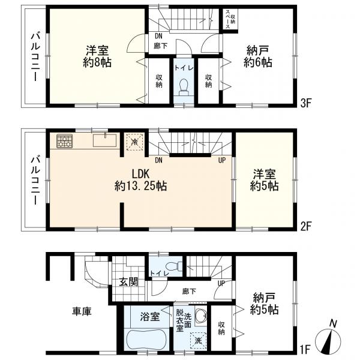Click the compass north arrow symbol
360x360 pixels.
pyautogui.click(x=328, y=338)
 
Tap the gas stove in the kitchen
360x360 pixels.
pyautogui.click(x=65, y=141)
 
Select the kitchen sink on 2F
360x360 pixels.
pyautogui.click(x=104, y=140)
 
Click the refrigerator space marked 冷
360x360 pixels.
pyautogui.click(x=135, y=142)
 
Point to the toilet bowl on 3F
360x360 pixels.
pyautogui.click(x=184, y=88)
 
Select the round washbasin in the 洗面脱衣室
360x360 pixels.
pyautogui.click(x=200, y=317)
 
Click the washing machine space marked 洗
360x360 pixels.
pyautogui.click(x=198, y=341)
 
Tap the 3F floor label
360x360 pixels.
pyautogui.click(x=305, y=104)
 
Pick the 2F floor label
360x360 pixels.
pyautogui.click(x=305, y=227)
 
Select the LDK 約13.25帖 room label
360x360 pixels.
pyautogui.click(x=140, y=180)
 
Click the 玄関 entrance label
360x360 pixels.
pyautogui.click(x=128, y=282)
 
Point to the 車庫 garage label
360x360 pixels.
pyautogui.click(x=82, y=311)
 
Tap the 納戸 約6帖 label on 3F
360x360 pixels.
pyautogui.click(x=258, y=56)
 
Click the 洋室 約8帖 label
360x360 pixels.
pyautogui.click(x=97, y=56)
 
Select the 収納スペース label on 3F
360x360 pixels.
pyautogui.click(x=230, y=19)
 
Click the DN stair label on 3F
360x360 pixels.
pyautogui.click(x=158, y=36)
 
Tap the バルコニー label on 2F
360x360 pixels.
pyautogui.click(x=35, y=180)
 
